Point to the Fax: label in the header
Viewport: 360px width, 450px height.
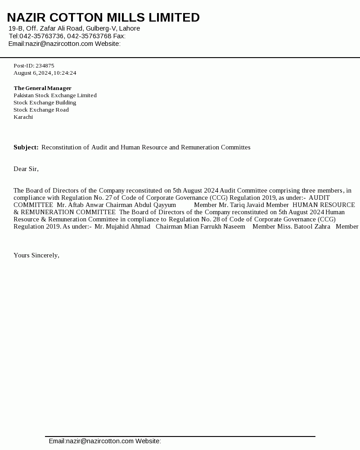pos(119,36)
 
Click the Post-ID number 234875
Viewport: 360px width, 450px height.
pos(45,66)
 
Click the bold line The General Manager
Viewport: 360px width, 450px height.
pos(43,88)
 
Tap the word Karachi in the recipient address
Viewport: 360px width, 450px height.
pos(23,117)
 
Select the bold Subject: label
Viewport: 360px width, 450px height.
pos(26,147)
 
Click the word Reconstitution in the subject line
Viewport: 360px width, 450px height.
pos(62,147)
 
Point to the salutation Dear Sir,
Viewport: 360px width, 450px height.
pos(26,169)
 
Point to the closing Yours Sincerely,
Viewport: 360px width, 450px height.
pos(36,255)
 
